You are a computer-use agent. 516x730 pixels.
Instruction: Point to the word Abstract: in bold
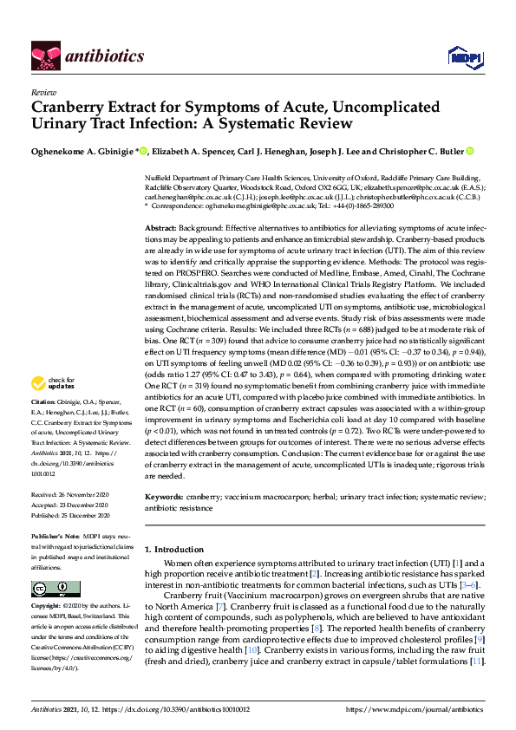(x=161, y=226)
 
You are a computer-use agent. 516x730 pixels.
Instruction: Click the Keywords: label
(x=164, y=497)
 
